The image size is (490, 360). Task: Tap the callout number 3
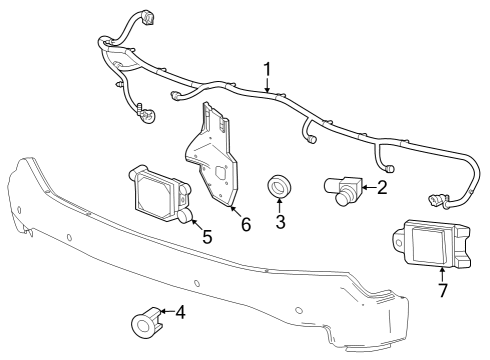coord(280,222)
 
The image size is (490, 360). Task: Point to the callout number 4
coord(180,313)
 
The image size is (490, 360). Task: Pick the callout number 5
coord(207,237)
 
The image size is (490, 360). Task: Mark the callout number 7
coord(442,291)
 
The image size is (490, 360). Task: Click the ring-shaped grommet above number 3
coord(278,187)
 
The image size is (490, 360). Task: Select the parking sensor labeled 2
coord(344,187)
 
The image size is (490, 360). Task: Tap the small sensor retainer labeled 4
coord(146,319)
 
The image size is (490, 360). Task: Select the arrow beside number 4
coord(166,313)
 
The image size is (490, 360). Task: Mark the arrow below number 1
coord(267,85)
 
